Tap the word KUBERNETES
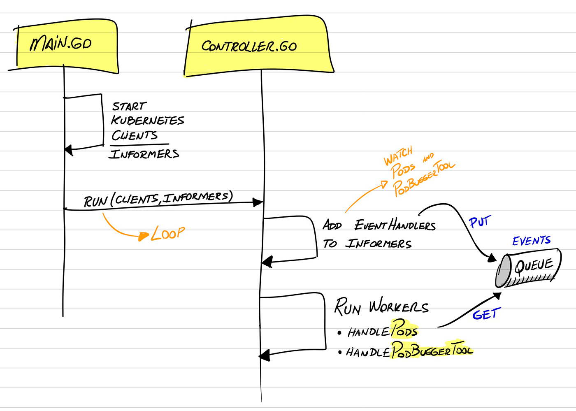[x=147, y=120]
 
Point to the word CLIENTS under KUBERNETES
[x=135, y=135]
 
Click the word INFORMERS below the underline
[x=144, y=154]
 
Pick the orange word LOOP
[x=168, y=234]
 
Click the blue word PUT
[x=480, y=222]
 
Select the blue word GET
[x=486, y=315]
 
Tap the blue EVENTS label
[x=531, y=240]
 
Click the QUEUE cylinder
[x=528, y=268]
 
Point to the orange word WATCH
[x=398, y=156]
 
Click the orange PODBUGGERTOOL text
[x=424, y=178]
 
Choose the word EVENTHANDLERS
[x=395, y=225]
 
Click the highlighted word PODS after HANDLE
[x=404, y=330]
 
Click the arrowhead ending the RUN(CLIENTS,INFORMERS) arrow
[x=258, y=202]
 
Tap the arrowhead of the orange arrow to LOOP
[x=144, y=236]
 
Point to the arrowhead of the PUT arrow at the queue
[x=492, y=258]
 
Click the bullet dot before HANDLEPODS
[x=339, y=332]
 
